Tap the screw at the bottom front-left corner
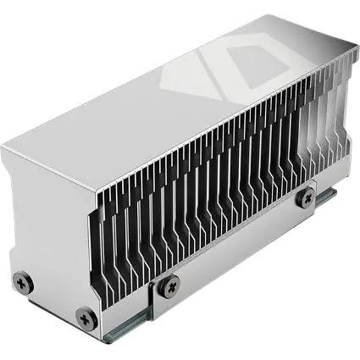point(85,316)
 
